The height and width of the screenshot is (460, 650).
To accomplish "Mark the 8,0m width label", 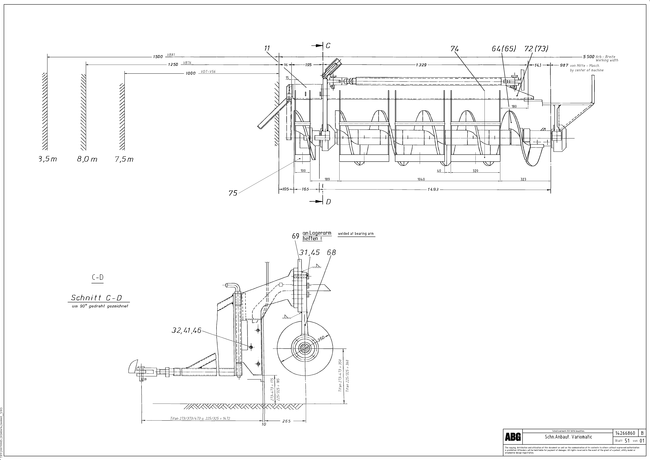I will pyautogui.click(x=87, y=159).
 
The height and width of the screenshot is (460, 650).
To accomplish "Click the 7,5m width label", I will pyautogui.click(x=124, y=159).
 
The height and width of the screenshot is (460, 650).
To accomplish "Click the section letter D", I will pyautogui.click(x=328, y=202).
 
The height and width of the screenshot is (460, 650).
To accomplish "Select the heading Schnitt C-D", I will pyautogui.click(x=96, y=298).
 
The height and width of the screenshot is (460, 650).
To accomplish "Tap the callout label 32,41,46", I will pyautogui.click(x=186, y=330).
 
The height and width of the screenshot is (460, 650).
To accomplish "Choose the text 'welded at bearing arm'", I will pyautogui.click(x=356, y=234).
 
